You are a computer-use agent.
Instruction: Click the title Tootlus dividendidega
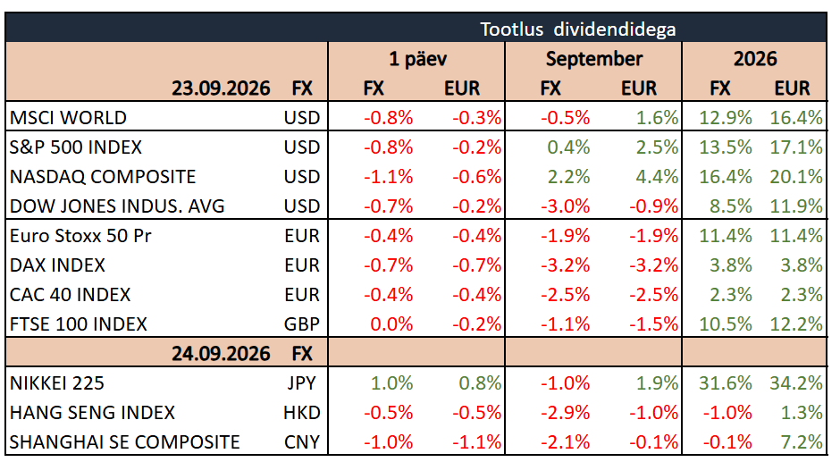[577, 29]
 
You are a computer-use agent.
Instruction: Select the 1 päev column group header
[418, 58]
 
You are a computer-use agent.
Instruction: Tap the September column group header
[594, 58]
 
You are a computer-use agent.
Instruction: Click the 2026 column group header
[755, 58]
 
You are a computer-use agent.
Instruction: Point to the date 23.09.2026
[221, 88]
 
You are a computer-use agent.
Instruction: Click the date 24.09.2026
[221, 353]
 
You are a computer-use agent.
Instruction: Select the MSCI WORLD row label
[68, 117]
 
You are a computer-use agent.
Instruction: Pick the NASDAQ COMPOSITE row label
[103, 176]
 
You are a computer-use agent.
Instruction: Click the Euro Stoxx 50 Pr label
[80, 235]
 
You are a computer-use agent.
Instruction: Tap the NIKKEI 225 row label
[57, 382]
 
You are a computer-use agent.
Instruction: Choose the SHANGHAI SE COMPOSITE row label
[125, 441]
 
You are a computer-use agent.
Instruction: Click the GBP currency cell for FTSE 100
[302, 323]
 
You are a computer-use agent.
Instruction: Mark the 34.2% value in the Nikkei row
[796, 382]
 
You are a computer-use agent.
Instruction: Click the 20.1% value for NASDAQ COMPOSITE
[796, 176]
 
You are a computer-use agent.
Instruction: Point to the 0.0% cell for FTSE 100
[391, 323]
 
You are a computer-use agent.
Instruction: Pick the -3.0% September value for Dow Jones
[565, 206]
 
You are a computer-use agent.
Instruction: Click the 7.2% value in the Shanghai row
[802, 441]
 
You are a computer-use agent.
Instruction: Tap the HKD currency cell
[302, 412]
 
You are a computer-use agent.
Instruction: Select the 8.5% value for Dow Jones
[731, 206]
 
